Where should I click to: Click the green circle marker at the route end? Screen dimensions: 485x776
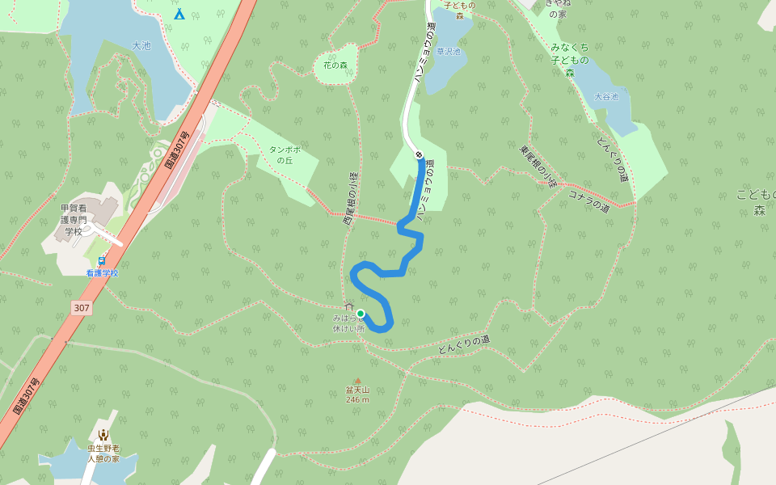[x=361, y=314]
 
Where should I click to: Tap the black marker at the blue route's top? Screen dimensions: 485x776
[x=419, y=154]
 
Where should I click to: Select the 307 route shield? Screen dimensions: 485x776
[x=81, y=308]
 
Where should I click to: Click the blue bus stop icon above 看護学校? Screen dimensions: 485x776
[x=102, y=260]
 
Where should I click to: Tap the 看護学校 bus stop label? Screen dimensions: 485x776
[x=102, y=273]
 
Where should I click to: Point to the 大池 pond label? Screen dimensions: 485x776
[x=141, y=46]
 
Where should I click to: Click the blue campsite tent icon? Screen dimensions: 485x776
[x=179, y=14]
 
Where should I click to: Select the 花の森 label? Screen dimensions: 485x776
[x=335, y=65]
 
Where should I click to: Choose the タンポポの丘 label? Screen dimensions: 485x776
[x=285, y=154]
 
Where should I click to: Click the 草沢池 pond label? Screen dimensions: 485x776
[x=448, y=52]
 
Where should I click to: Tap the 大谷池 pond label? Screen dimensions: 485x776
[x=605, y=97]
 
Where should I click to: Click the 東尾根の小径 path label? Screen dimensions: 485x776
[x=538, y=167]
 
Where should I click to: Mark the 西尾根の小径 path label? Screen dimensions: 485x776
[x=350, y=198]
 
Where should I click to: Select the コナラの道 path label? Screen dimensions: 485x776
[x=588, y=201]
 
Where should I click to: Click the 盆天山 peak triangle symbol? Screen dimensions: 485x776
[x=357, y=381]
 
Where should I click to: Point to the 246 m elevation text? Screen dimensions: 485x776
[x=357, y=399]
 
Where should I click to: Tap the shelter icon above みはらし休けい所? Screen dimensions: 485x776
[x=348, y=306]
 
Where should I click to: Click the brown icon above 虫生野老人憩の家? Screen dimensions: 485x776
[x=103, y=435]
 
